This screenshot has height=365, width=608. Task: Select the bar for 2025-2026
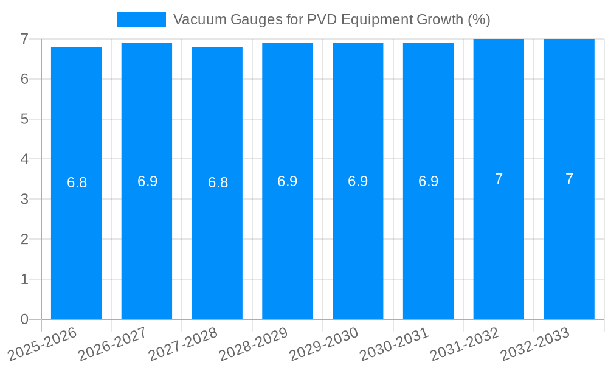click(x=76, y=243)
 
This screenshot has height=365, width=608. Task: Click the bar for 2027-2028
click(x=217, y=243)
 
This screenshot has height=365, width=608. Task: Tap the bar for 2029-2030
click(x=358, y=243)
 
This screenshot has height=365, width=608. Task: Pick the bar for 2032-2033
click(x=569, y=243)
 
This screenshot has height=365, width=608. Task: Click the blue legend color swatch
click(x=141, y=19)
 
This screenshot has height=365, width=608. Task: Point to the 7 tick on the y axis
click(x=24, y=39)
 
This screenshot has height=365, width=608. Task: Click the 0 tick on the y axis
click(x=24, y=319)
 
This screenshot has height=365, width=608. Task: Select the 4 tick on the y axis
click(x=24, y=159)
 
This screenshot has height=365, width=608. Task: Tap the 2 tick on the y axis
click(x=24, y=239)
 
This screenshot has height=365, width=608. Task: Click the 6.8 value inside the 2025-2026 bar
click(x=77, y=182)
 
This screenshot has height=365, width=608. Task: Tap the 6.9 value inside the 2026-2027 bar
click(x=147, y=181)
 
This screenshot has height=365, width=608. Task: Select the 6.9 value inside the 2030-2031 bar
click(x=428, y=181)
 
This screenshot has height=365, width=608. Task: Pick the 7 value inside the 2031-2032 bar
click(x=499, y=179)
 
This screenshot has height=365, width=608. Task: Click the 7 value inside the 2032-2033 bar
click(x=569, y=179)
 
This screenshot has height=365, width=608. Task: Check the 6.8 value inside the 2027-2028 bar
click(x=218, y=182)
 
